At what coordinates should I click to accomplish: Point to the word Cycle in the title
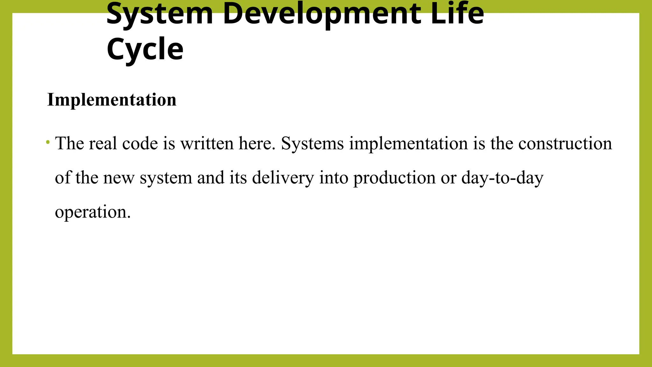[x=145, y=49]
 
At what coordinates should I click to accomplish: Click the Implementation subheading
[x=112, y=100]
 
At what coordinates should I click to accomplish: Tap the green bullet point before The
[x=48, y=142]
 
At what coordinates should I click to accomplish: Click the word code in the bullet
[x=140, y=143]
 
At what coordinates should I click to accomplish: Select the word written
[x=207, y=143]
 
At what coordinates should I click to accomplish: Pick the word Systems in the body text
[x=312, y=143]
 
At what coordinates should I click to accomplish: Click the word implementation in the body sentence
[x=408, y=143]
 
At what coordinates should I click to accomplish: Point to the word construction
[x=565, y=143]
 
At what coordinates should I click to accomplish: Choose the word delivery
[x=283, y=178]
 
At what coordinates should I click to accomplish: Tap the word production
[x=394, y=178]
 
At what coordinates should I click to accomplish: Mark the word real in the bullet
[x=103, y=143]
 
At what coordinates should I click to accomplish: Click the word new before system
[x=119, y=178]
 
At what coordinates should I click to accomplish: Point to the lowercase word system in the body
[x=166, y=178]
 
